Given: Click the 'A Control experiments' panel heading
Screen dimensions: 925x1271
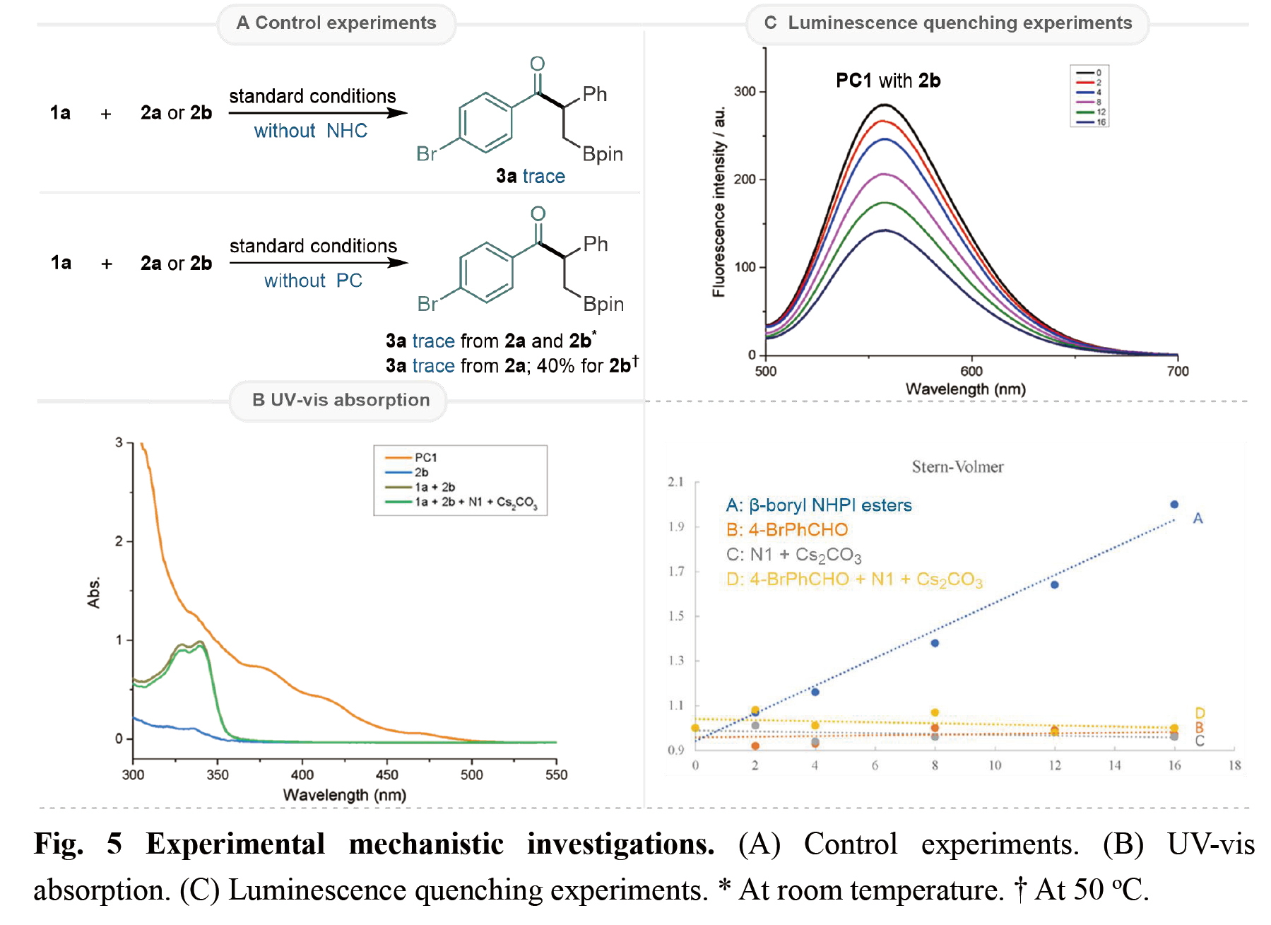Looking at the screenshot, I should tap(336, 23).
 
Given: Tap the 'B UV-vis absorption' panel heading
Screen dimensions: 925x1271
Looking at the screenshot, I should tap(341, 400).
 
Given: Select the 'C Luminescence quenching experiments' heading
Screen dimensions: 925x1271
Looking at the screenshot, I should tap(948, 23).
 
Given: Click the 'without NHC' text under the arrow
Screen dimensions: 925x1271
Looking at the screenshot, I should tap(311, 131).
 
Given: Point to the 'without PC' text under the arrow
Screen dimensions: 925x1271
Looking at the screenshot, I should tap(313, 281).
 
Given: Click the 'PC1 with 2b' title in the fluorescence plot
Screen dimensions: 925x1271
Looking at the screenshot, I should tap(888, 81).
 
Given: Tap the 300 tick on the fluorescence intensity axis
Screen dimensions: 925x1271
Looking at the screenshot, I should tap(745, 91).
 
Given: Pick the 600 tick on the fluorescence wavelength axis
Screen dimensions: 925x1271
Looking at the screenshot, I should tap(971, 371).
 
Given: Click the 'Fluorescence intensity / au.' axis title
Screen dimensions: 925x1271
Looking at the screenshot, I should tap(719, 202).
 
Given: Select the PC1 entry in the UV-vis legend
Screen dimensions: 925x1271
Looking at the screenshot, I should tap(425, 458).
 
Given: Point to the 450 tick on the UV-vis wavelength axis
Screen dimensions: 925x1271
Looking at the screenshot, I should tap(387, 774).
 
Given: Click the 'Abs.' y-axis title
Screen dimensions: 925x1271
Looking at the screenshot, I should tap(94, 592).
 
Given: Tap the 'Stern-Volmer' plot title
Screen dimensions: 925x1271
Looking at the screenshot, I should tap(957, 467).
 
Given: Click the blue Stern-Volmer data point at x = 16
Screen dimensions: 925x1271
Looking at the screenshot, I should tap(1174, 505).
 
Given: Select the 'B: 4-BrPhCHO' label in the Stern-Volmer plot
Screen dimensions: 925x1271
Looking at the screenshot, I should tap(787, 530).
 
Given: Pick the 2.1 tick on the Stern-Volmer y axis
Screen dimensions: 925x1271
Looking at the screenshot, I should tap(676, 482).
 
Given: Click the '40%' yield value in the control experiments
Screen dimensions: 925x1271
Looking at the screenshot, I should tap(556, 366).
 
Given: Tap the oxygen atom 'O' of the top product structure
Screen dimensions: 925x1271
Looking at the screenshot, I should tap(538, 64).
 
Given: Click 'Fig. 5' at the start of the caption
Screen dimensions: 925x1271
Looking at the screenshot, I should tap(78, 844).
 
